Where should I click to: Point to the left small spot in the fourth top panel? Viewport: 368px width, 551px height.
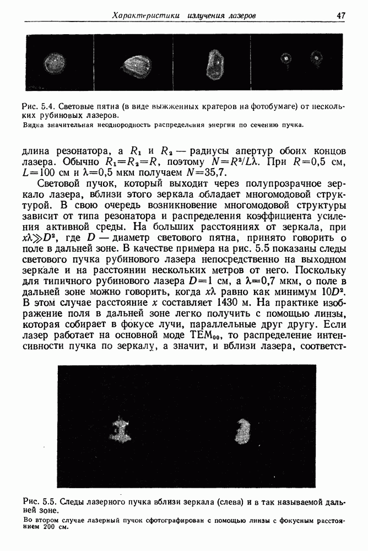coord(285,57)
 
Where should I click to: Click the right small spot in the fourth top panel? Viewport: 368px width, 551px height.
coord(316,56)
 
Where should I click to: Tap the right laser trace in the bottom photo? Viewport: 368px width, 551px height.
coord(242,431)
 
